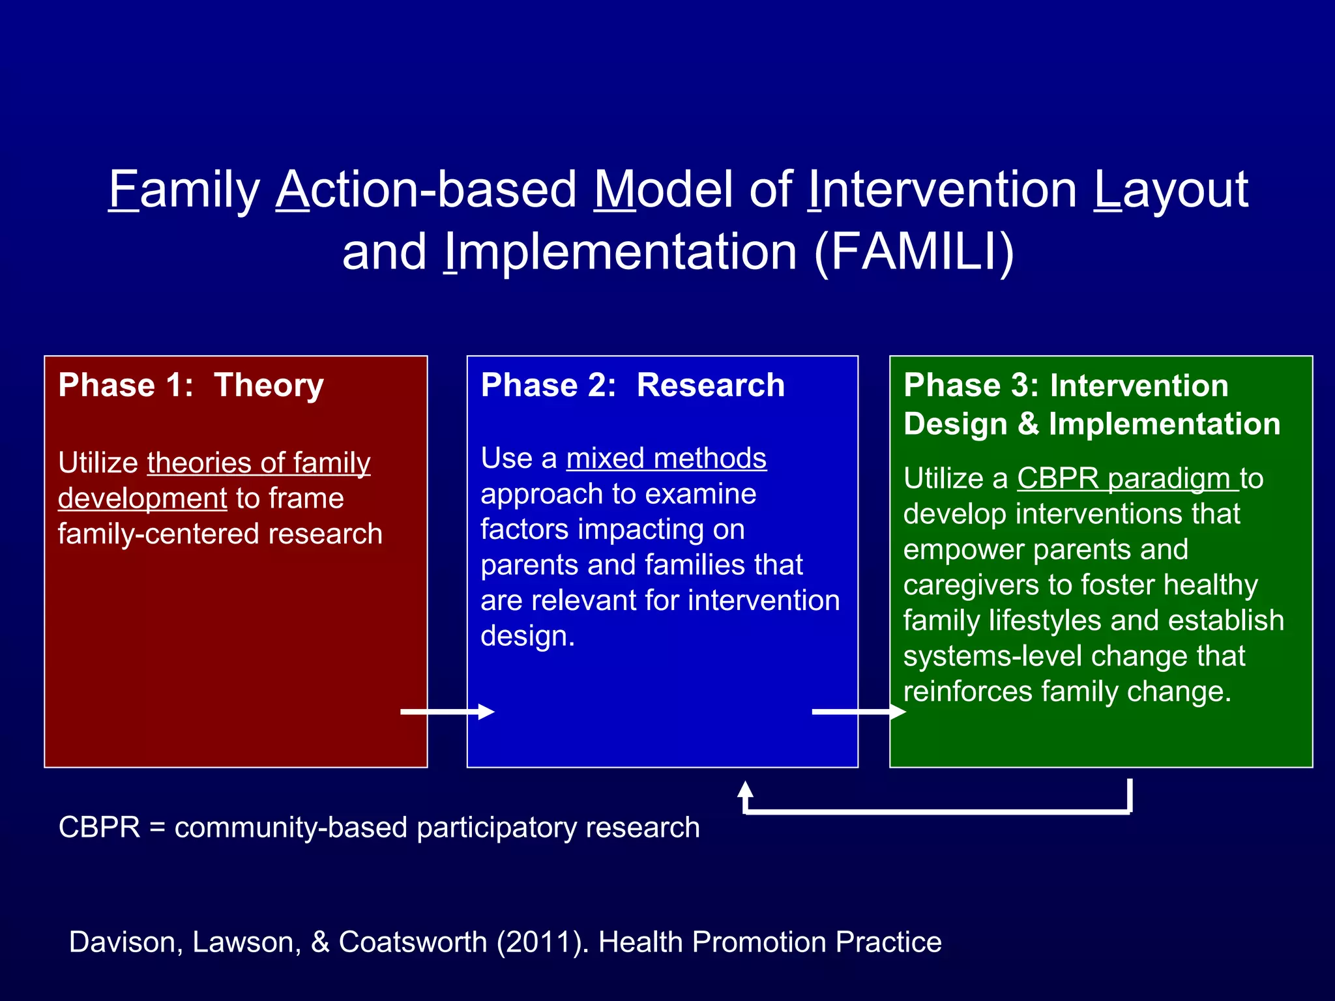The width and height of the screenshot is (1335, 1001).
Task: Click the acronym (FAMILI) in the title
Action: point(914,252)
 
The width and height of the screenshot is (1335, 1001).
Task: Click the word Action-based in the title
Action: point(426,190)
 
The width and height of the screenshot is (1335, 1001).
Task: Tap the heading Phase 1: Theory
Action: point(191,385)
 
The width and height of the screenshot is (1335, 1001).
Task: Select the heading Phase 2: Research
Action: point(632,385)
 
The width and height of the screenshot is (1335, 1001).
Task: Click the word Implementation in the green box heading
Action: point(1164,424)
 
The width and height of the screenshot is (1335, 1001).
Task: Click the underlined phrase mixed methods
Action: point(666,458)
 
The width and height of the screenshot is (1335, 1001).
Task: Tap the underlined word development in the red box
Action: point(142,499)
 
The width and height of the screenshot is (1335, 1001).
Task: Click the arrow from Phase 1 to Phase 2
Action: point(447,712)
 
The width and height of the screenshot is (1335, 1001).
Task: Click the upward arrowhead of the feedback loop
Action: point(745,791)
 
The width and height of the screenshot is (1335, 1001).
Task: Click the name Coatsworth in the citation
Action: point(413,942)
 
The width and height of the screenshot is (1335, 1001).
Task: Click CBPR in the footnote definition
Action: point(99,828)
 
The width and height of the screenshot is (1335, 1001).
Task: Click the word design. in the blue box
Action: point(527,636)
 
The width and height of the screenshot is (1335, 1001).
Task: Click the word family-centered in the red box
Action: point(158,534)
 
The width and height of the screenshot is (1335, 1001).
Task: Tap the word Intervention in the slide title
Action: point(943,190)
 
